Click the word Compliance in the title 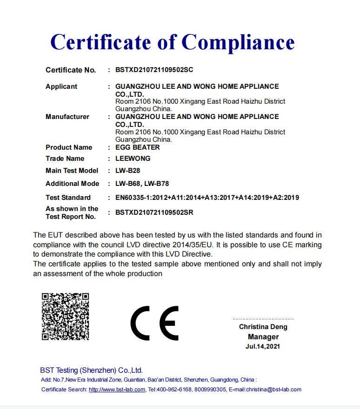click(x=238, y=42)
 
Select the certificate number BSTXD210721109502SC click(x=154, y=70)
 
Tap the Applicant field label click(x=61, y=86)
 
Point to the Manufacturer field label click(x=67, y=117)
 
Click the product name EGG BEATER click(x=137, y=147)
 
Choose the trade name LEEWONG click(x=133, y=158)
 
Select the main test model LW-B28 click(x=127, y=171)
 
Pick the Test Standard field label click(x=68, y=198)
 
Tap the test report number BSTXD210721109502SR click(x=154, y=212)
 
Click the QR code click(x=65, y=316)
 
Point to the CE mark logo click(x=154, y=323)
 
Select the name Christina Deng click(x=263, y=327)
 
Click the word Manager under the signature click(x=263, y=337)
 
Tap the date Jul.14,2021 click(x=263, y=346)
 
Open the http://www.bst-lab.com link click(x=117, y=389)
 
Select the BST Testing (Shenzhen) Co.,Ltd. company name click(x=91, y=370)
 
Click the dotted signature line click(x=263, y=319)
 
